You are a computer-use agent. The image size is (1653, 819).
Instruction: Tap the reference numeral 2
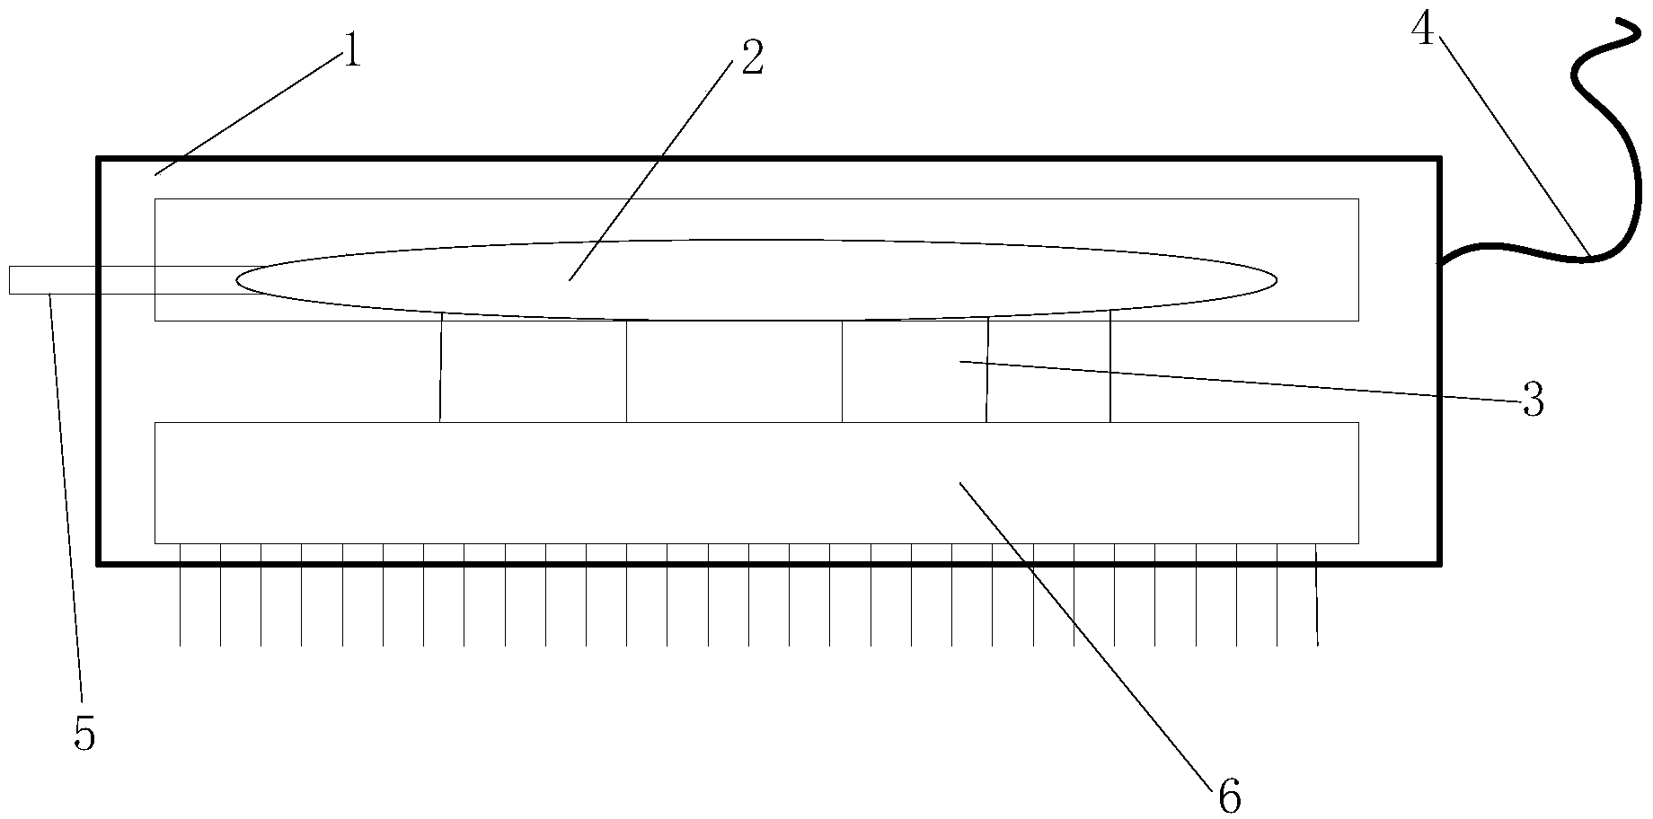pos(752,57)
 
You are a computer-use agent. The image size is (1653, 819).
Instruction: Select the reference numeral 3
pos(1533,400)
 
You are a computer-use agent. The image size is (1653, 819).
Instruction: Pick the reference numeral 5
pos(84,734)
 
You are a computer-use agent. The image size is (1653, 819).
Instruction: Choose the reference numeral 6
pos(1229,796)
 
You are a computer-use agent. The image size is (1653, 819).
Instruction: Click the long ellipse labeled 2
pos(898,280)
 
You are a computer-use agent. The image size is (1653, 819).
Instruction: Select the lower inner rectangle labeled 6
pos(539,483)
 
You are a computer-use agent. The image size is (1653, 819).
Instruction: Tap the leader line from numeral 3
pos(1240,380)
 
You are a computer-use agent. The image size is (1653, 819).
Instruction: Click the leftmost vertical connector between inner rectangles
pos(441,368)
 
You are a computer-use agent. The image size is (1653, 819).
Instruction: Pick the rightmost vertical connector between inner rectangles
pos(1110,368)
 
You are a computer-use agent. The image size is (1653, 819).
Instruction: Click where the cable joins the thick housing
pos(1442,262)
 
